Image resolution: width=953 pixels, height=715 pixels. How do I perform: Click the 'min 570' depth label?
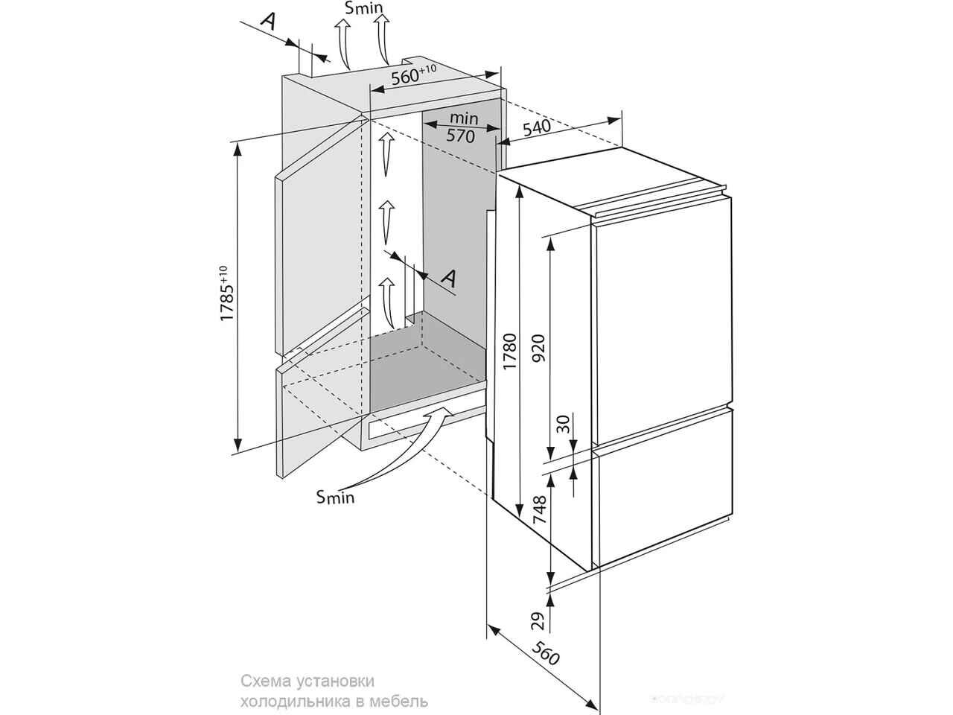461,127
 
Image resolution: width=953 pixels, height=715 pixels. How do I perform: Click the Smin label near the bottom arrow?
335,496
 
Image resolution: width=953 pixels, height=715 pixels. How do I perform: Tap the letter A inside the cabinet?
448,278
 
